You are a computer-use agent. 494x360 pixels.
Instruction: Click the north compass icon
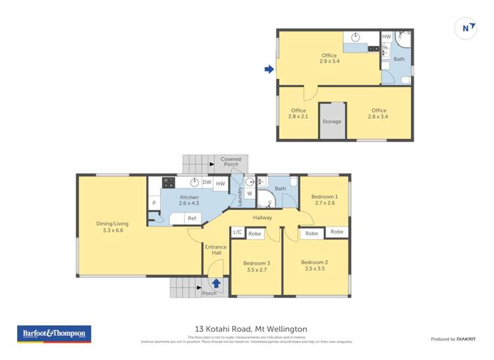click(x=466, y=28)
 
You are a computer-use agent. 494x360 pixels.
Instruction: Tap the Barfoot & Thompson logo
click(x=54, y=334)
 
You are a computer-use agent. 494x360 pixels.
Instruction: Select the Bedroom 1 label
click(x=324, y=199)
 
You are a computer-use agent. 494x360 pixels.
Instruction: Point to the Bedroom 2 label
click(x=316, y=265)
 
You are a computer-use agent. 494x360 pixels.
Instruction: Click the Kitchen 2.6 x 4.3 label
click(x=189, y=201)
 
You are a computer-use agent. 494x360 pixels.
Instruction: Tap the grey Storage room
click(x=332, y=121)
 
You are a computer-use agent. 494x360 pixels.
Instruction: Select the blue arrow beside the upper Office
click(x=269, y=68)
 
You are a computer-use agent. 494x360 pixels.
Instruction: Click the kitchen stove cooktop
click(x=168, y=183)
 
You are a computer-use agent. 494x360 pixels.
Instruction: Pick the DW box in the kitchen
click(x=207, y=183)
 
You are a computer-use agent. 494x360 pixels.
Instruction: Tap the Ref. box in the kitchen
click(x=192, y=218)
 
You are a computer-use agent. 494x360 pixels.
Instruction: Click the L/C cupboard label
click(x=237, y=233)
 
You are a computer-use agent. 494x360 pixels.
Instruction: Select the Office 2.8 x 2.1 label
click(x=298, y=113)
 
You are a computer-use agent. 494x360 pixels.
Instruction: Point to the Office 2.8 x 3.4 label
click(x=379, y=113)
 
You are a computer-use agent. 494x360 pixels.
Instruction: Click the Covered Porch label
click(x=231, y=162)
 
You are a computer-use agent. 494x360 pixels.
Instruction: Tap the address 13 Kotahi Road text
click(x=251, y=329)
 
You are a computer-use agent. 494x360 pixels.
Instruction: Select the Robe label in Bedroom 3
click(x=255, y=233)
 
